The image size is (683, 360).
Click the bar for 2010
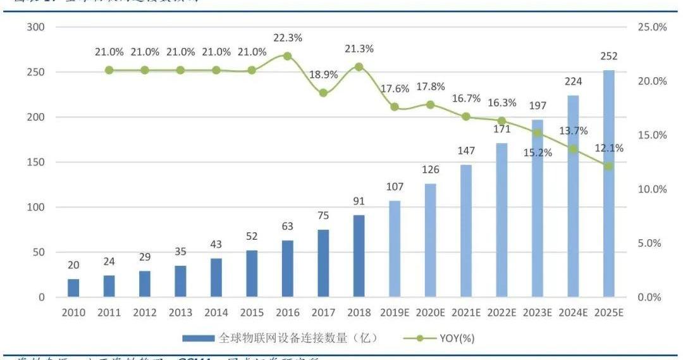click(73, 288)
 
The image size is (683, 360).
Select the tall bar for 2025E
click(608, 183)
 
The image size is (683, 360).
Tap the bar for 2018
click(359, 256)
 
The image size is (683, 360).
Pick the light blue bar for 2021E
click(466, 230)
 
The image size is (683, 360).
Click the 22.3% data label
click(287, 38)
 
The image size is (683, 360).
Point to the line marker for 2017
click(323, 92)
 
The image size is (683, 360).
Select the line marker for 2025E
click(608, 166)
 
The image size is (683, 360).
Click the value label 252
click(608, 56)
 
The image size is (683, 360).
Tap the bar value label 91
click(359, 202)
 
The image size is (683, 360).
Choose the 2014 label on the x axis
click(216, 313)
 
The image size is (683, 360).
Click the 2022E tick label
click(501, 313)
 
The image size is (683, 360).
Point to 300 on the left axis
click(36, 27)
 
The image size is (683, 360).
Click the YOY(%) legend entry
click(457, 338)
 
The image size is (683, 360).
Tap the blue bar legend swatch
click(199, 338)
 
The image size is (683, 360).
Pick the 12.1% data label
click(608, 148)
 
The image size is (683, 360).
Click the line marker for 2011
click(109, 70)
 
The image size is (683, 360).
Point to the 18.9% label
click(323, 75)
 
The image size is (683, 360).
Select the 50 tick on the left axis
click(39, 252)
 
